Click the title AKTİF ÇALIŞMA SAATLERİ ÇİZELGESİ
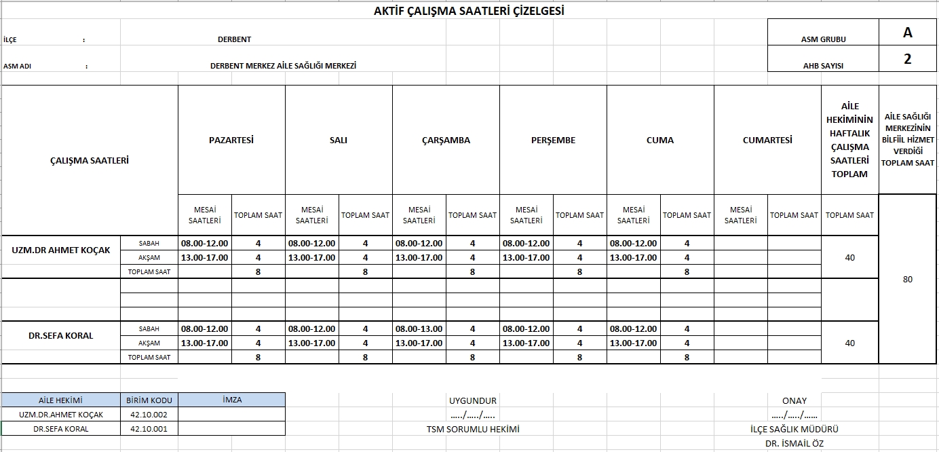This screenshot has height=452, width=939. [x=469, y=11]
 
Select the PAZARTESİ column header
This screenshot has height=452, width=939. [x=231, y=140]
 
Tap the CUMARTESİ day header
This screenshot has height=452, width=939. [x=767, y=140]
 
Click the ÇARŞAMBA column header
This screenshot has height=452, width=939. [x=446, y=140]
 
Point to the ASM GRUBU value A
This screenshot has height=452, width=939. [x=908, y=33]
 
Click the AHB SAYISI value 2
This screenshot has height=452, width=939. [x=908, y=59]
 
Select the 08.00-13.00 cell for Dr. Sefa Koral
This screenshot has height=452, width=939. [x=419, y=328]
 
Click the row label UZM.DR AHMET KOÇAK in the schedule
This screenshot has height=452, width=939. [x=61, y=250]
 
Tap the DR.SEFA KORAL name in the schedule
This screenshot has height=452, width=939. [x=61, y=335]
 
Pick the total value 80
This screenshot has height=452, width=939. [x=908, y=279]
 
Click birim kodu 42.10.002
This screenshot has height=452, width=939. [x=149, y=415]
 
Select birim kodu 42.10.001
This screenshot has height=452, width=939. [x=149, y=429]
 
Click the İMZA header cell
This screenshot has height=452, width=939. [x=232, y=400]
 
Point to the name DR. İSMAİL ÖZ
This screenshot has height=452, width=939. [x=794, y=443]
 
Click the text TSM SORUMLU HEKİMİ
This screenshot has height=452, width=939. [x=473, y=429]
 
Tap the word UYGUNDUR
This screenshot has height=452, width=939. [x=473, y=400]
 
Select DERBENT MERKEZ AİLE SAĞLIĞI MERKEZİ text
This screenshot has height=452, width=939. [x=284, y=66]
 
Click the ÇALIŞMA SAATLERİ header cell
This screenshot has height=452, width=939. [x=90, y=161]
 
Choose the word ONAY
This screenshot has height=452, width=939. [x=794, y=400]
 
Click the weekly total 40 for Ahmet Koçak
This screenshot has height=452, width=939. [x=850, y=257]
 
